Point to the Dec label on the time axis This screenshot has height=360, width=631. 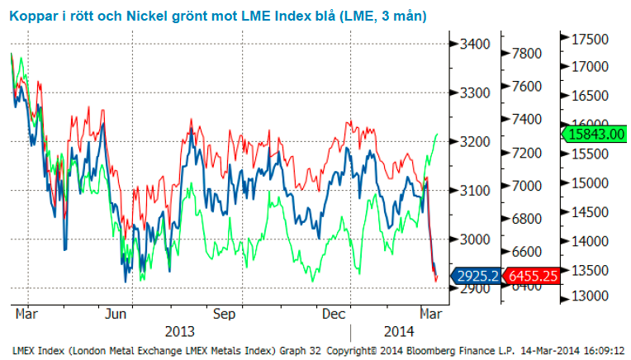coord(333,315)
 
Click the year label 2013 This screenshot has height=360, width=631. coord(180,331)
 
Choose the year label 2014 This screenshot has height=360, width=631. coord(397,331)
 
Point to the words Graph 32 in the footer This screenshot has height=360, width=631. coord(291,350)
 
